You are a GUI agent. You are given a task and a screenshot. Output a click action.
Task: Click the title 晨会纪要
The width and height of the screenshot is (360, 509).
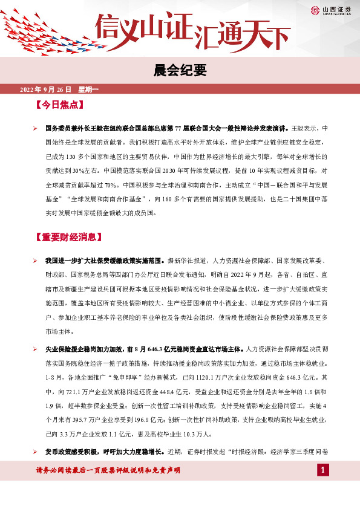click(x=180, y=71)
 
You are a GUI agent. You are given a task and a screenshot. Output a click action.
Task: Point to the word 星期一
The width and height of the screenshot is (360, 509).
click(x=88, y=89)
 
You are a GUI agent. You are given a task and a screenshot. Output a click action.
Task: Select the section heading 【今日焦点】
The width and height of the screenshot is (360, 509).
click(x=59, y=105)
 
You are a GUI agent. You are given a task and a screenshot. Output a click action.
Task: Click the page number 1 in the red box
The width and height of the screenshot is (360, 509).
click(x=323, y=470)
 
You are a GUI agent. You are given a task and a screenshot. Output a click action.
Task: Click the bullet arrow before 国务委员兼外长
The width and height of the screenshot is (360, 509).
click(x=36, y=129)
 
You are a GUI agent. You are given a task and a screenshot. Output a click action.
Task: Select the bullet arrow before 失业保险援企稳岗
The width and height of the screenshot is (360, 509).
click(x=36, y=349)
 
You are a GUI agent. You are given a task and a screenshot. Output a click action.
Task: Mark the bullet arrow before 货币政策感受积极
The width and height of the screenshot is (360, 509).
click(x=36, y=452)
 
